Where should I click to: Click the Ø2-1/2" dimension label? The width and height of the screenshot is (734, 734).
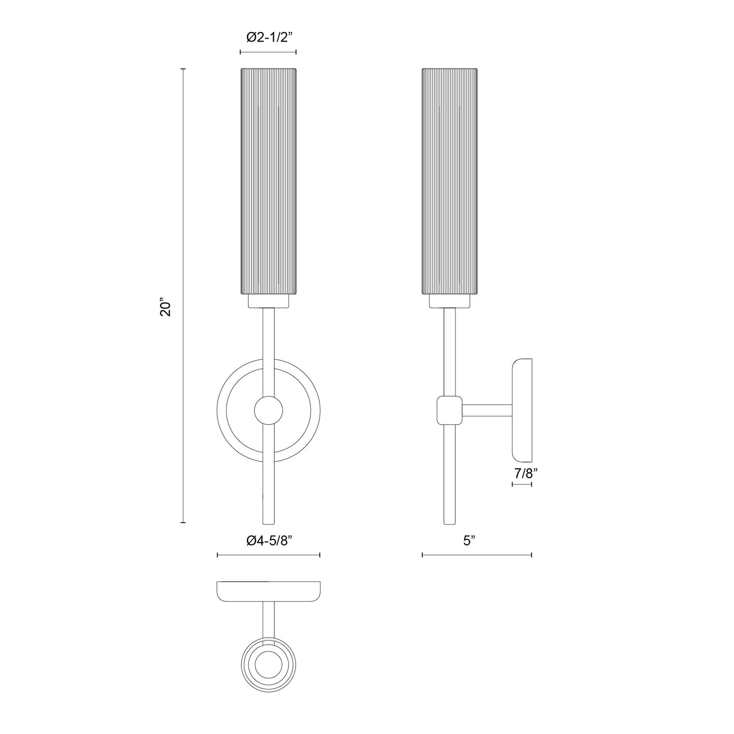click(x=268, y=37)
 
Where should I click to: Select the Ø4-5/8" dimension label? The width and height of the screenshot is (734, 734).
click(x=269, y=541)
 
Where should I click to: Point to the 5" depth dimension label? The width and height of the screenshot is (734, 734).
click(x=469, y=541)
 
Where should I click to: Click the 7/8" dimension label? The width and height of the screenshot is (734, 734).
click(x=526, y=473)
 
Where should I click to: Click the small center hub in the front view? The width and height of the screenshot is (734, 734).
click(x=268, y=410)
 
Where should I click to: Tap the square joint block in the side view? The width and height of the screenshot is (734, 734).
click(x=450, y=410)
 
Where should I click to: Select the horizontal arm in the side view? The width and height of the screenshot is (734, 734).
click(x=487, y=410)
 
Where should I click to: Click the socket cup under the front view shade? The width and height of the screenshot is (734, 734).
click(x=268, y=302)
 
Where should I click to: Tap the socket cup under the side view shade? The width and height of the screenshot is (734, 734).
click(x=450, y=302)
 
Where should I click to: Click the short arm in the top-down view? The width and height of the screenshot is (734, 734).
click(x=268, y=619)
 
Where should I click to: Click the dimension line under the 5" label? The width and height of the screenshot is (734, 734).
click(x=476, y=555)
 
